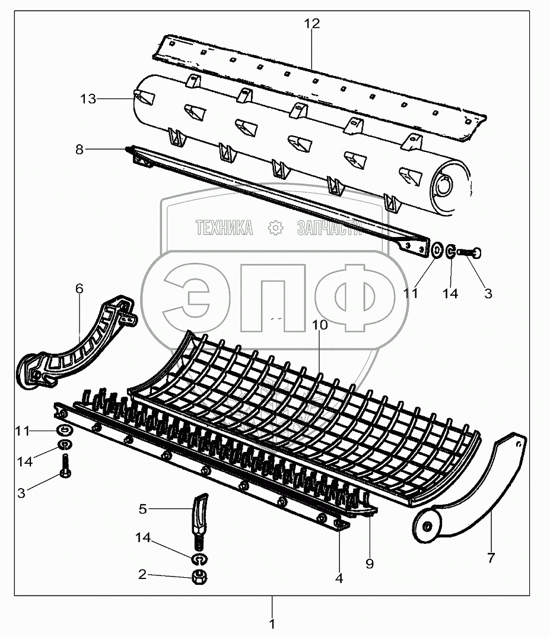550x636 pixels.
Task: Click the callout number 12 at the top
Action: point(311,24)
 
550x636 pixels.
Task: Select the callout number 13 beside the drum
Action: point(88,99)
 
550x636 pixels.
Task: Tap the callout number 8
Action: point(80,150)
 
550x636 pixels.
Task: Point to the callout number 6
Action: point(79,289)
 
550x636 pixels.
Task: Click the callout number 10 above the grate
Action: point(319,325)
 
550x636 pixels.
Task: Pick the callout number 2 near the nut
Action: point(142,574)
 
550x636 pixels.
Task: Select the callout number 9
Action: point(369,564)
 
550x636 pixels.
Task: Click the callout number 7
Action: point(490,558)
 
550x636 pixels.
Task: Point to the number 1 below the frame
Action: point(272,624)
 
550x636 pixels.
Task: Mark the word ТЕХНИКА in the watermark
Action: point(224,227)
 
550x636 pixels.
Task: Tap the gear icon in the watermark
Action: point(275,227)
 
